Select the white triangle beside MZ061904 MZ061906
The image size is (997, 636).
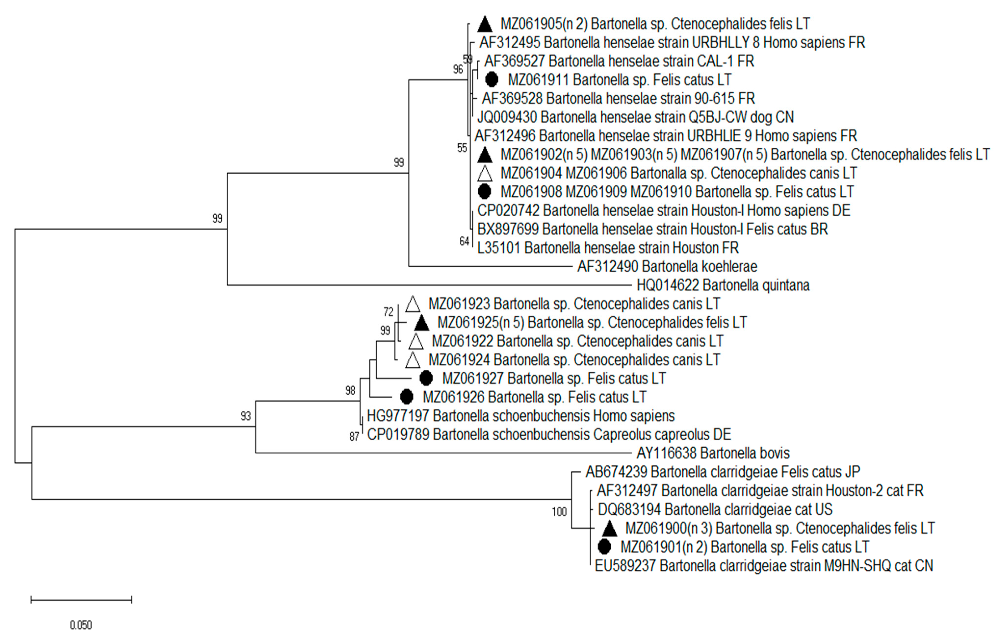(x=485, y=173)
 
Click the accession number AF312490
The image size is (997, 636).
(x=607, y=266)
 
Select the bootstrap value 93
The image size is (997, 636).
(x=246, y=416)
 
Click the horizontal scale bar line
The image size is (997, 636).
(x=81, y=599)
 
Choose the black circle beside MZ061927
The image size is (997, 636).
(x=426, y=378)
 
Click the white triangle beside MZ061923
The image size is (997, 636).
(x=412, y=304)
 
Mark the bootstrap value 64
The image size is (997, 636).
(x=464, y=241)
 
